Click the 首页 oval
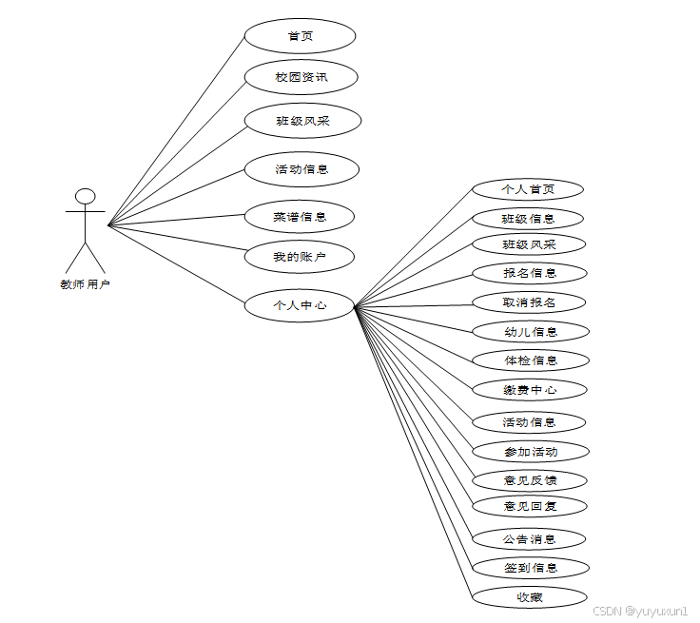pyautogui.click(x=300, y=36)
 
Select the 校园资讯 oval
pyautogui.click(x=301, y=76)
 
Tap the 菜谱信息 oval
pyautogui.click(x=300, y=217)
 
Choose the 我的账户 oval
pyautogui.click(x=300, y=256)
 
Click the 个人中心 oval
pyautogui.click(x=300, y=305)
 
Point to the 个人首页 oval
pyautogui.click(x=528, y=189)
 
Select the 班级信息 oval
pyautogui.click(x=529, y=219)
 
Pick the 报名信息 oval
pyautogui.click(x=530, y=273)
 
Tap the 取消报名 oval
pyautogui.click(x=529, y=302)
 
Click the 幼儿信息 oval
pyautogui.click(x=531, y=332)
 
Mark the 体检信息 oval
pyautogui.click(x=531, y=360)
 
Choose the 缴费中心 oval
pyautogui.click(x=531, y=390)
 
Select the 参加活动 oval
pyautogui.click(x=531, y=451)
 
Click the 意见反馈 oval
pyautogui.click(x=530, y=480)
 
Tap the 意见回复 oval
pyautogui.click(x=530, y=506)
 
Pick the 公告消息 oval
pyautogui.click(x=529, y=539)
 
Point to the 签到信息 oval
pyautogui.click(x=531, y=568)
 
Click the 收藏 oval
pyautogui.click(x=529, y=597)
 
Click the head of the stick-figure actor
pyautogui.click(x=86, y=197)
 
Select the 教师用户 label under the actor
pyautogui.click(x=86, y=283)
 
